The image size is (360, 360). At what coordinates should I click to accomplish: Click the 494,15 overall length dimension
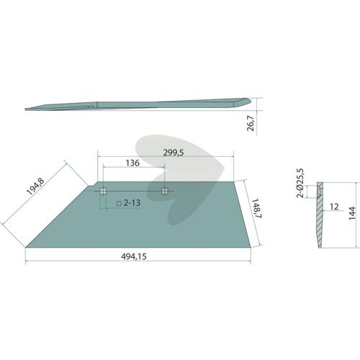134,256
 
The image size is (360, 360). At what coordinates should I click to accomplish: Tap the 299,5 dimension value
174,153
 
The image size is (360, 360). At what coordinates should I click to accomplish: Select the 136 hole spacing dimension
132,163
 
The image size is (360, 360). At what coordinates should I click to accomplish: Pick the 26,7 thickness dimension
251,124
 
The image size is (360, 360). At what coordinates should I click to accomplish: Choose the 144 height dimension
352,213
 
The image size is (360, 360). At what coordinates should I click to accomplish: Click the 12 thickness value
334,207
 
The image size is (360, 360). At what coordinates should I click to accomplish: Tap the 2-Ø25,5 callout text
300,184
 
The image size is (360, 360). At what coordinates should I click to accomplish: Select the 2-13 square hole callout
128,203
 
